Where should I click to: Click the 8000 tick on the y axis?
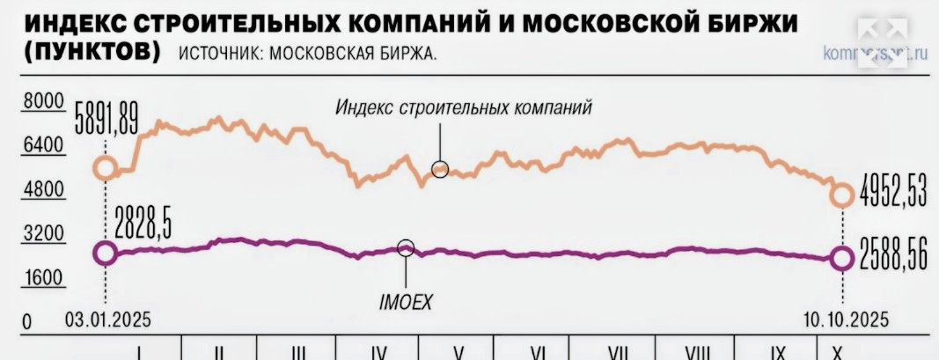pos(42,102)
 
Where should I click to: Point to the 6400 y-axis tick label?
pos(42,146)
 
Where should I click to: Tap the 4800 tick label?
pos(42,190)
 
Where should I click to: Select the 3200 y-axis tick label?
pos(42,234)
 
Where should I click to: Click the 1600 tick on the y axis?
pos(42,278)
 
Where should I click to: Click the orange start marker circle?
pos(105,168)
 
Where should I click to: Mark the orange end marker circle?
pos(842,195)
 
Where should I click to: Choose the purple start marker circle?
pos(105,253)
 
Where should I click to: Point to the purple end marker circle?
pos(842,258)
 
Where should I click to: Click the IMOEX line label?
pos(407,302)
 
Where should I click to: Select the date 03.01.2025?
pos(105,318)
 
